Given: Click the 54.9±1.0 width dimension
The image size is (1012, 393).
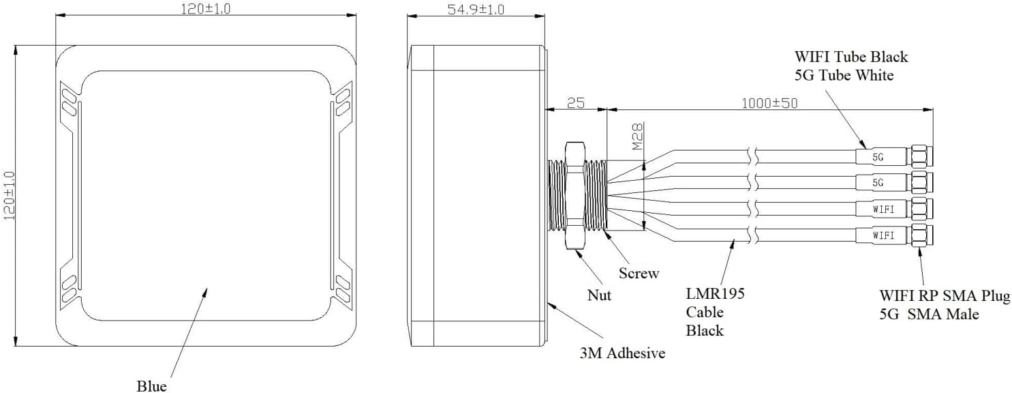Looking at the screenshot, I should point(475,10).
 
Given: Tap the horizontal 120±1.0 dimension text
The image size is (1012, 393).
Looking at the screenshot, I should point(207,8).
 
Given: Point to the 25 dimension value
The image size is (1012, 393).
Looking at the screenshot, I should point(576,103).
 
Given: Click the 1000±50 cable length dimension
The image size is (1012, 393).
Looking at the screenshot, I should point(769,103).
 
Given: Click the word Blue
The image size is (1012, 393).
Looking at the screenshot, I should point(151,386).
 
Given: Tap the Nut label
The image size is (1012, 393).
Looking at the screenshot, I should point(599,295).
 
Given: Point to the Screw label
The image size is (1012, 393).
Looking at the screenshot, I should point(639,274).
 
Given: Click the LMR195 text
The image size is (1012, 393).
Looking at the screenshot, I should point(715,294).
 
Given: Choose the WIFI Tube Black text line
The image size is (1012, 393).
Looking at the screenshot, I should point(851,57).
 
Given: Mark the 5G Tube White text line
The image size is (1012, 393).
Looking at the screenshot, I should point(844,75).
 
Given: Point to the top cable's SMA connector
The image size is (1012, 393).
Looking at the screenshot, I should point(921,157).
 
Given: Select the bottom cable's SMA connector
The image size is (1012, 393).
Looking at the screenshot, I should point(921,235).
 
